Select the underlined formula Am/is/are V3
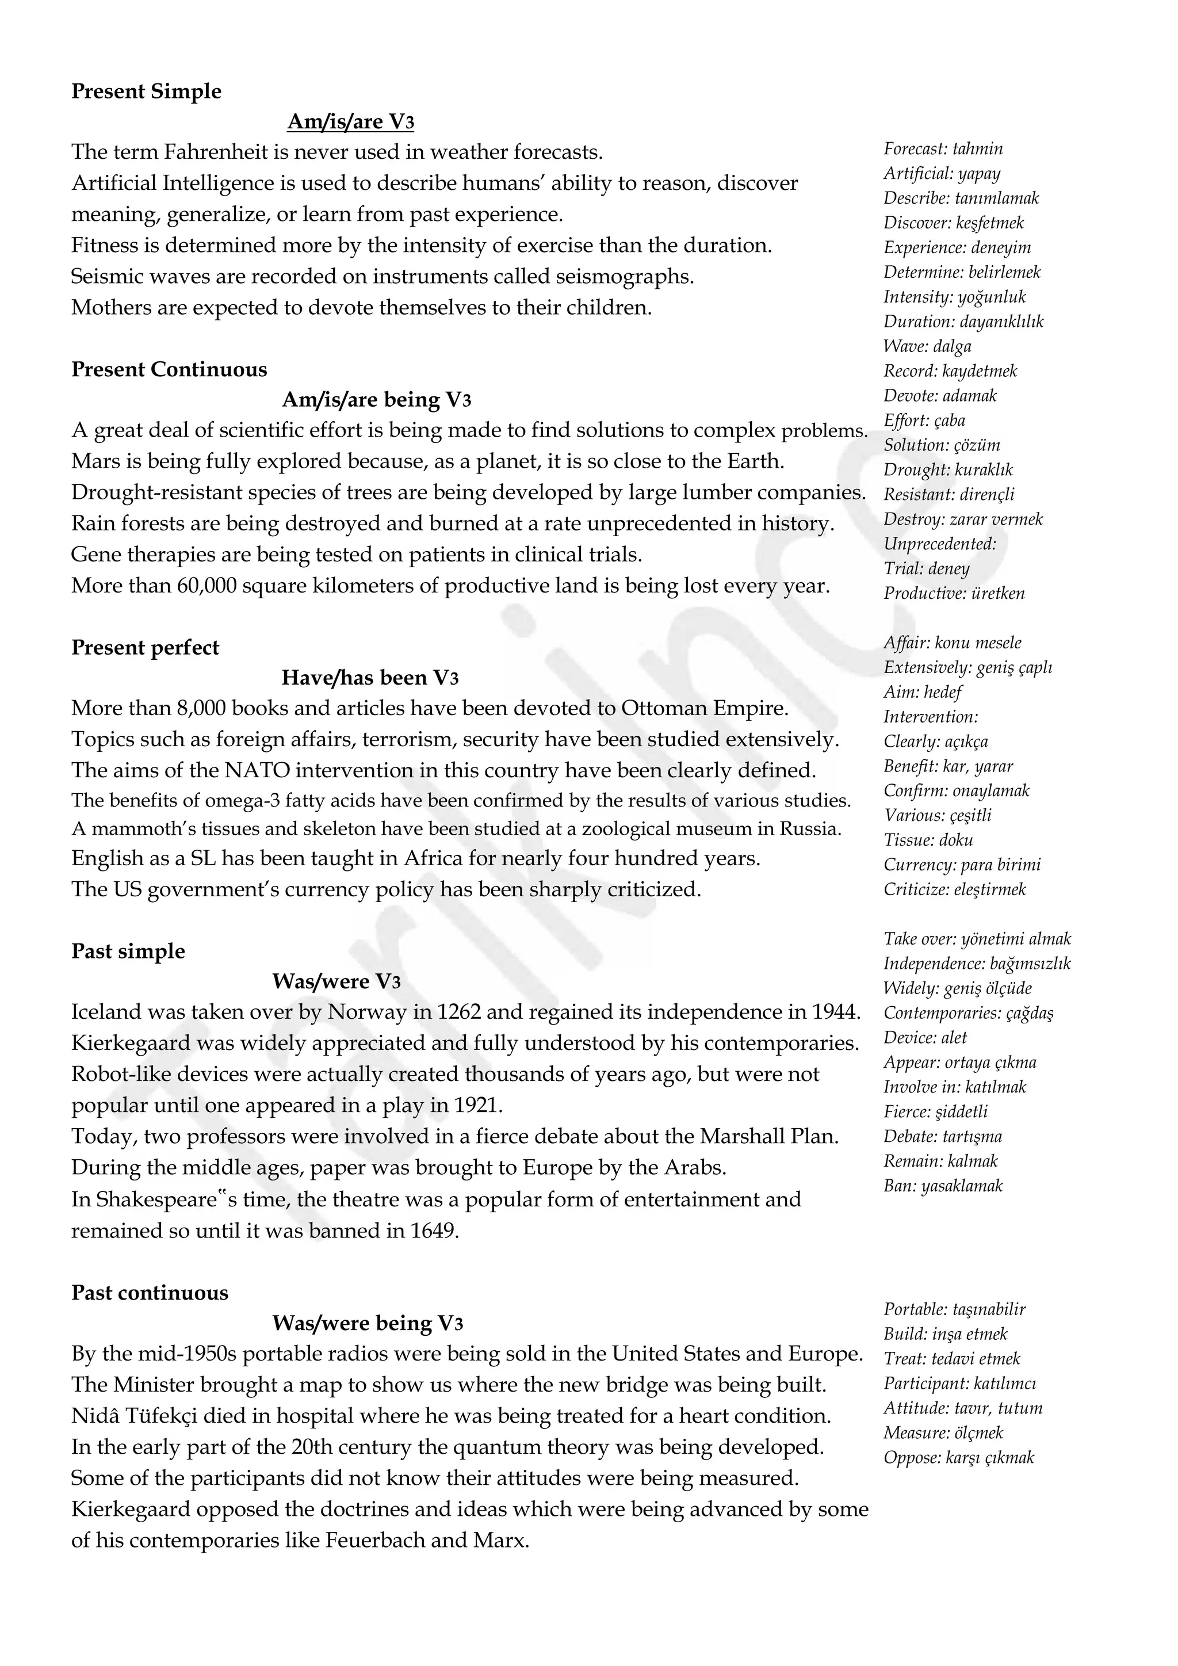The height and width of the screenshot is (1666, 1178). point(350,121)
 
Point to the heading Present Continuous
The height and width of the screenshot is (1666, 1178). point(169,369)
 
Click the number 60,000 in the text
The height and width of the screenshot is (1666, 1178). point(206,586)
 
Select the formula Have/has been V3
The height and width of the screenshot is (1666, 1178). point(370,677)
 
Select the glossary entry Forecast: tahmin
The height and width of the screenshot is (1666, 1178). point(943,149)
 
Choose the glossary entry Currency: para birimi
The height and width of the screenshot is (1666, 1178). point(962,864)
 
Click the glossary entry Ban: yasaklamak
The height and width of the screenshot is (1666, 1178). point(943,1185)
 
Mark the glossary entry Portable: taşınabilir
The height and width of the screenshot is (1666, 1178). point(954,1309)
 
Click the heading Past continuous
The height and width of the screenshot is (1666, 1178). point(150,1292)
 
